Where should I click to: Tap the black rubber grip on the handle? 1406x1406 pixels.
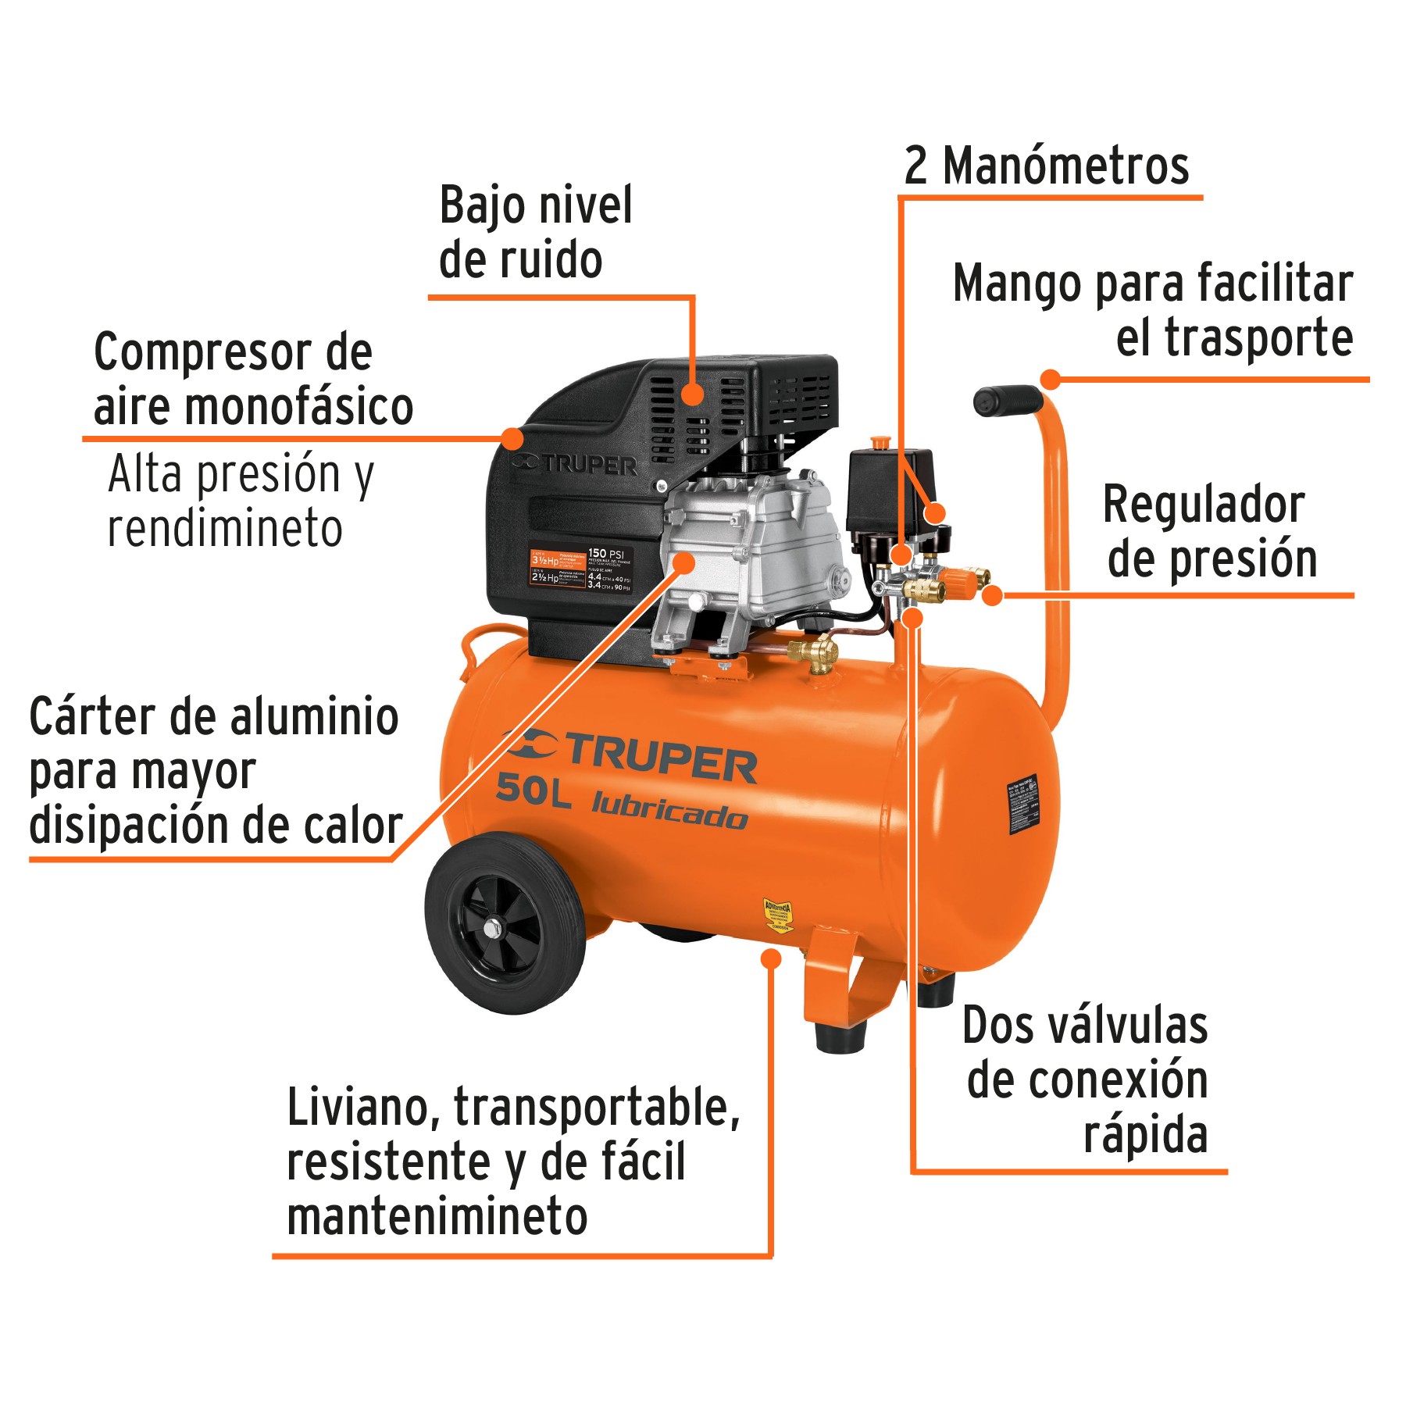click(1007, 401)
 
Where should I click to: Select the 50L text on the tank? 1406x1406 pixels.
click(533, 790)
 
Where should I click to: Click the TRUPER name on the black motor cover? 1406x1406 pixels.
click(578, 465)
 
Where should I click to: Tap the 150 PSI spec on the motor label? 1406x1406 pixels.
click(606, 553)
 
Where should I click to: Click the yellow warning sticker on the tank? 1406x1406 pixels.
click(778, 915)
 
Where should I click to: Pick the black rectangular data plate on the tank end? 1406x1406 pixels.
click(1024, 805)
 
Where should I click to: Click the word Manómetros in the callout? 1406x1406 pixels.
click(1065, 166)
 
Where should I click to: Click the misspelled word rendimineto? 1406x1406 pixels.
click(225, 529)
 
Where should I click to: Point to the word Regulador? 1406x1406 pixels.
click(1203, 505)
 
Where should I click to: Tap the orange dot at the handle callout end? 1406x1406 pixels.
click(1051, 380)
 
